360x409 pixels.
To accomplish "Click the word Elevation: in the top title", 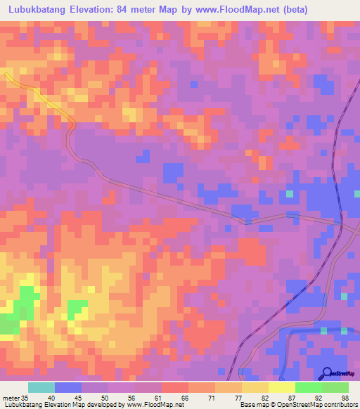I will click(x=112, y=11).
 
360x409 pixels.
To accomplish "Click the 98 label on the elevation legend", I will click(x=345, y=398).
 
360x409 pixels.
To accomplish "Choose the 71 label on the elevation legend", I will click(x=211, y=398).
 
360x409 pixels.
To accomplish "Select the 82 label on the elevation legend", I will click(x=264, y=398).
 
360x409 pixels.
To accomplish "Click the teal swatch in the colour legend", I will click(x=41, y=387).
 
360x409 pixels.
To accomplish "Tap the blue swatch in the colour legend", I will click(x=68, y=387).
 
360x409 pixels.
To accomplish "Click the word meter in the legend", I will click(x=10, y=398).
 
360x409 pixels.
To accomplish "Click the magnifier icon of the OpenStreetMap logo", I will click(x=327, y=372).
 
